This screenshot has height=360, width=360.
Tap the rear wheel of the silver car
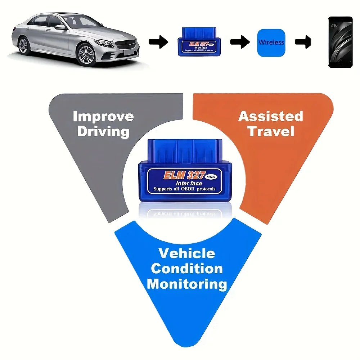(23, 46)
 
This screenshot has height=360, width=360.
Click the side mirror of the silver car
(60, 27)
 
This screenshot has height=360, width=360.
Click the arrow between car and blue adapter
(158, 42)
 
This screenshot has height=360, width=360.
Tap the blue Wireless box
(271, 42)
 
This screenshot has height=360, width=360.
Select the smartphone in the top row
(340, 42)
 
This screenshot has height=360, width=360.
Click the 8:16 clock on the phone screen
(334, 26)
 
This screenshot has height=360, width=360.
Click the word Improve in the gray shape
(103, 116)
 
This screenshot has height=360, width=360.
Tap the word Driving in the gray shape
(103, 131)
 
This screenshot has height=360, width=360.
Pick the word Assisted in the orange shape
(271, 116)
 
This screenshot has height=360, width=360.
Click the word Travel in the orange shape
(271, 131)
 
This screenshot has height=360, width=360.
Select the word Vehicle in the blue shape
(186, 253)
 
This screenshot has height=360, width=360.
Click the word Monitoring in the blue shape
(186, 284)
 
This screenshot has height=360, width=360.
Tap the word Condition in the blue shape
(186, 269)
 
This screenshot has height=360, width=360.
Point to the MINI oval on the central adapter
(210, 177)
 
